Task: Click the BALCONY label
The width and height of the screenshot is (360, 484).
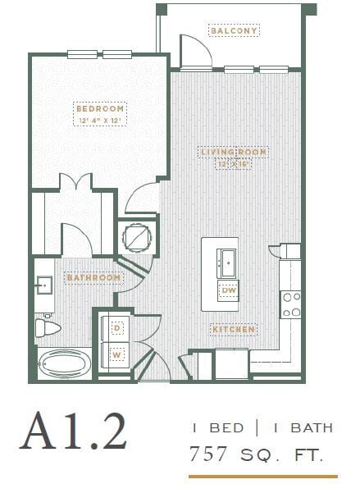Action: pos(235,31)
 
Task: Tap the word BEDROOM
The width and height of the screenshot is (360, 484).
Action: pos(100,108)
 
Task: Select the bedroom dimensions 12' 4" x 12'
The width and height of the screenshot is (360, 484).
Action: pos(100,121)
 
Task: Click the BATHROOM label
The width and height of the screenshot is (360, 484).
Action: pos(94,278)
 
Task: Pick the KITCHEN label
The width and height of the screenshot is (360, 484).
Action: pos(235,330)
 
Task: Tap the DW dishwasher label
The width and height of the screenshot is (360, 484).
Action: pos(228,290)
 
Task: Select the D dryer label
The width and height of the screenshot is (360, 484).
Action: pos(116,328)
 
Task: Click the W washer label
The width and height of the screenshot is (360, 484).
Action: pos(116,354)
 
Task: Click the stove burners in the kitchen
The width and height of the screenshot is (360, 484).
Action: pos(291,304)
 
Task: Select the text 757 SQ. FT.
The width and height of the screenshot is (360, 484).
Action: pos(261,452)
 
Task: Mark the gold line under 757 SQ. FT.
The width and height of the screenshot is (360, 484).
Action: pos(262,475)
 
